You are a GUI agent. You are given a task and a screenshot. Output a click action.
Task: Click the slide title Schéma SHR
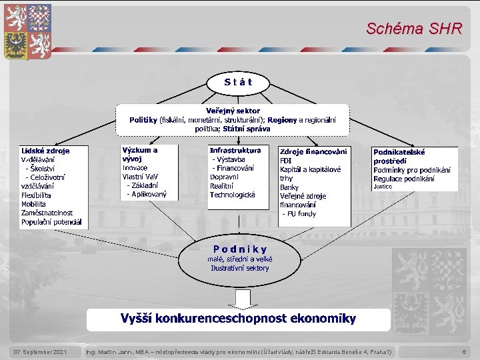413,29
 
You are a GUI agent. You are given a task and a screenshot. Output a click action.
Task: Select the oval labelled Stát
238,83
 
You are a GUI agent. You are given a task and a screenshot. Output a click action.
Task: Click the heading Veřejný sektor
233,111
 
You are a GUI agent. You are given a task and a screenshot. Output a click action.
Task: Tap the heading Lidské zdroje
45,151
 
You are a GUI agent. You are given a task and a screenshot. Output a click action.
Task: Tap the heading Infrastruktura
235,151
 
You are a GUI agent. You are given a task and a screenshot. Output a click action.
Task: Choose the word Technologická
233,195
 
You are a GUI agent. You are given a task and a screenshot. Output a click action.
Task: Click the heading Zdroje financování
313,152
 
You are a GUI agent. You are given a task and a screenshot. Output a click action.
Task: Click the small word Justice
383,187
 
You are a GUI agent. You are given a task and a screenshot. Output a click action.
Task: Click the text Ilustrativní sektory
240,268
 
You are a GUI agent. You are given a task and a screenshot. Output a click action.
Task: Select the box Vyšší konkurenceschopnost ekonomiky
238,319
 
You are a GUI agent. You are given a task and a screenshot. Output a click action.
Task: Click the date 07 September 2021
41,351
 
